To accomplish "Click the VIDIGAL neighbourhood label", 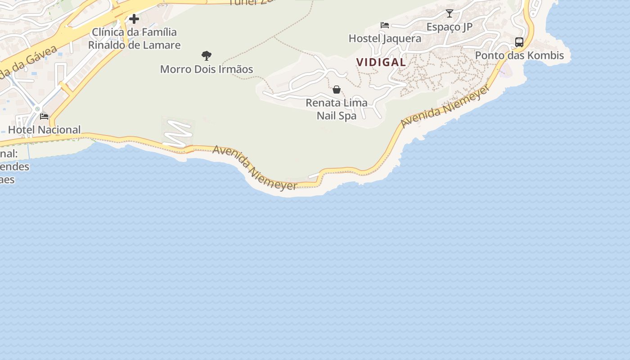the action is tap(381, 63).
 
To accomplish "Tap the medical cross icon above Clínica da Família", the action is tap(134, 19).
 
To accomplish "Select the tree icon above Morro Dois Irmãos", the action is tap(207, 56).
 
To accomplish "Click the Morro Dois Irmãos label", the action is tap(207, 69).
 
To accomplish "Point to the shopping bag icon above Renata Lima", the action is tap(336, 90).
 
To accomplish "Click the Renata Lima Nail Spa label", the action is tap(337, 109).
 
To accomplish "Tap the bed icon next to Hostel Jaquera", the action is tap(384, 25).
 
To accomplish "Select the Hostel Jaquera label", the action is tap(385, 39).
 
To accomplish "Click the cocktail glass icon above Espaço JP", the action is tap(449, 13).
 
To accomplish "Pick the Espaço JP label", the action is tap(450, 27).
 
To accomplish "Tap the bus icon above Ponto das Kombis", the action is tap(519, 42).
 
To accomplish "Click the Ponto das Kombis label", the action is tap(520, 56).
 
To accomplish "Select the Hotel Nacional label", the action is tap(45, 130).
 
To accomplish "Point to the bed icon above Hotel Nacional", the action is tap(44, 116).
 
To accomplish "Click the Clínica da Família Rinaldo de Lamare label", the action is tap(134, 39).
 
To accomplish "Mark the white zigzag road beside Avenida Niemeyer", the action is tap(177, 133).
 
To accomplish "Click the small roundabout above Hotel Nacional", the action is tap(38, 108).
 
